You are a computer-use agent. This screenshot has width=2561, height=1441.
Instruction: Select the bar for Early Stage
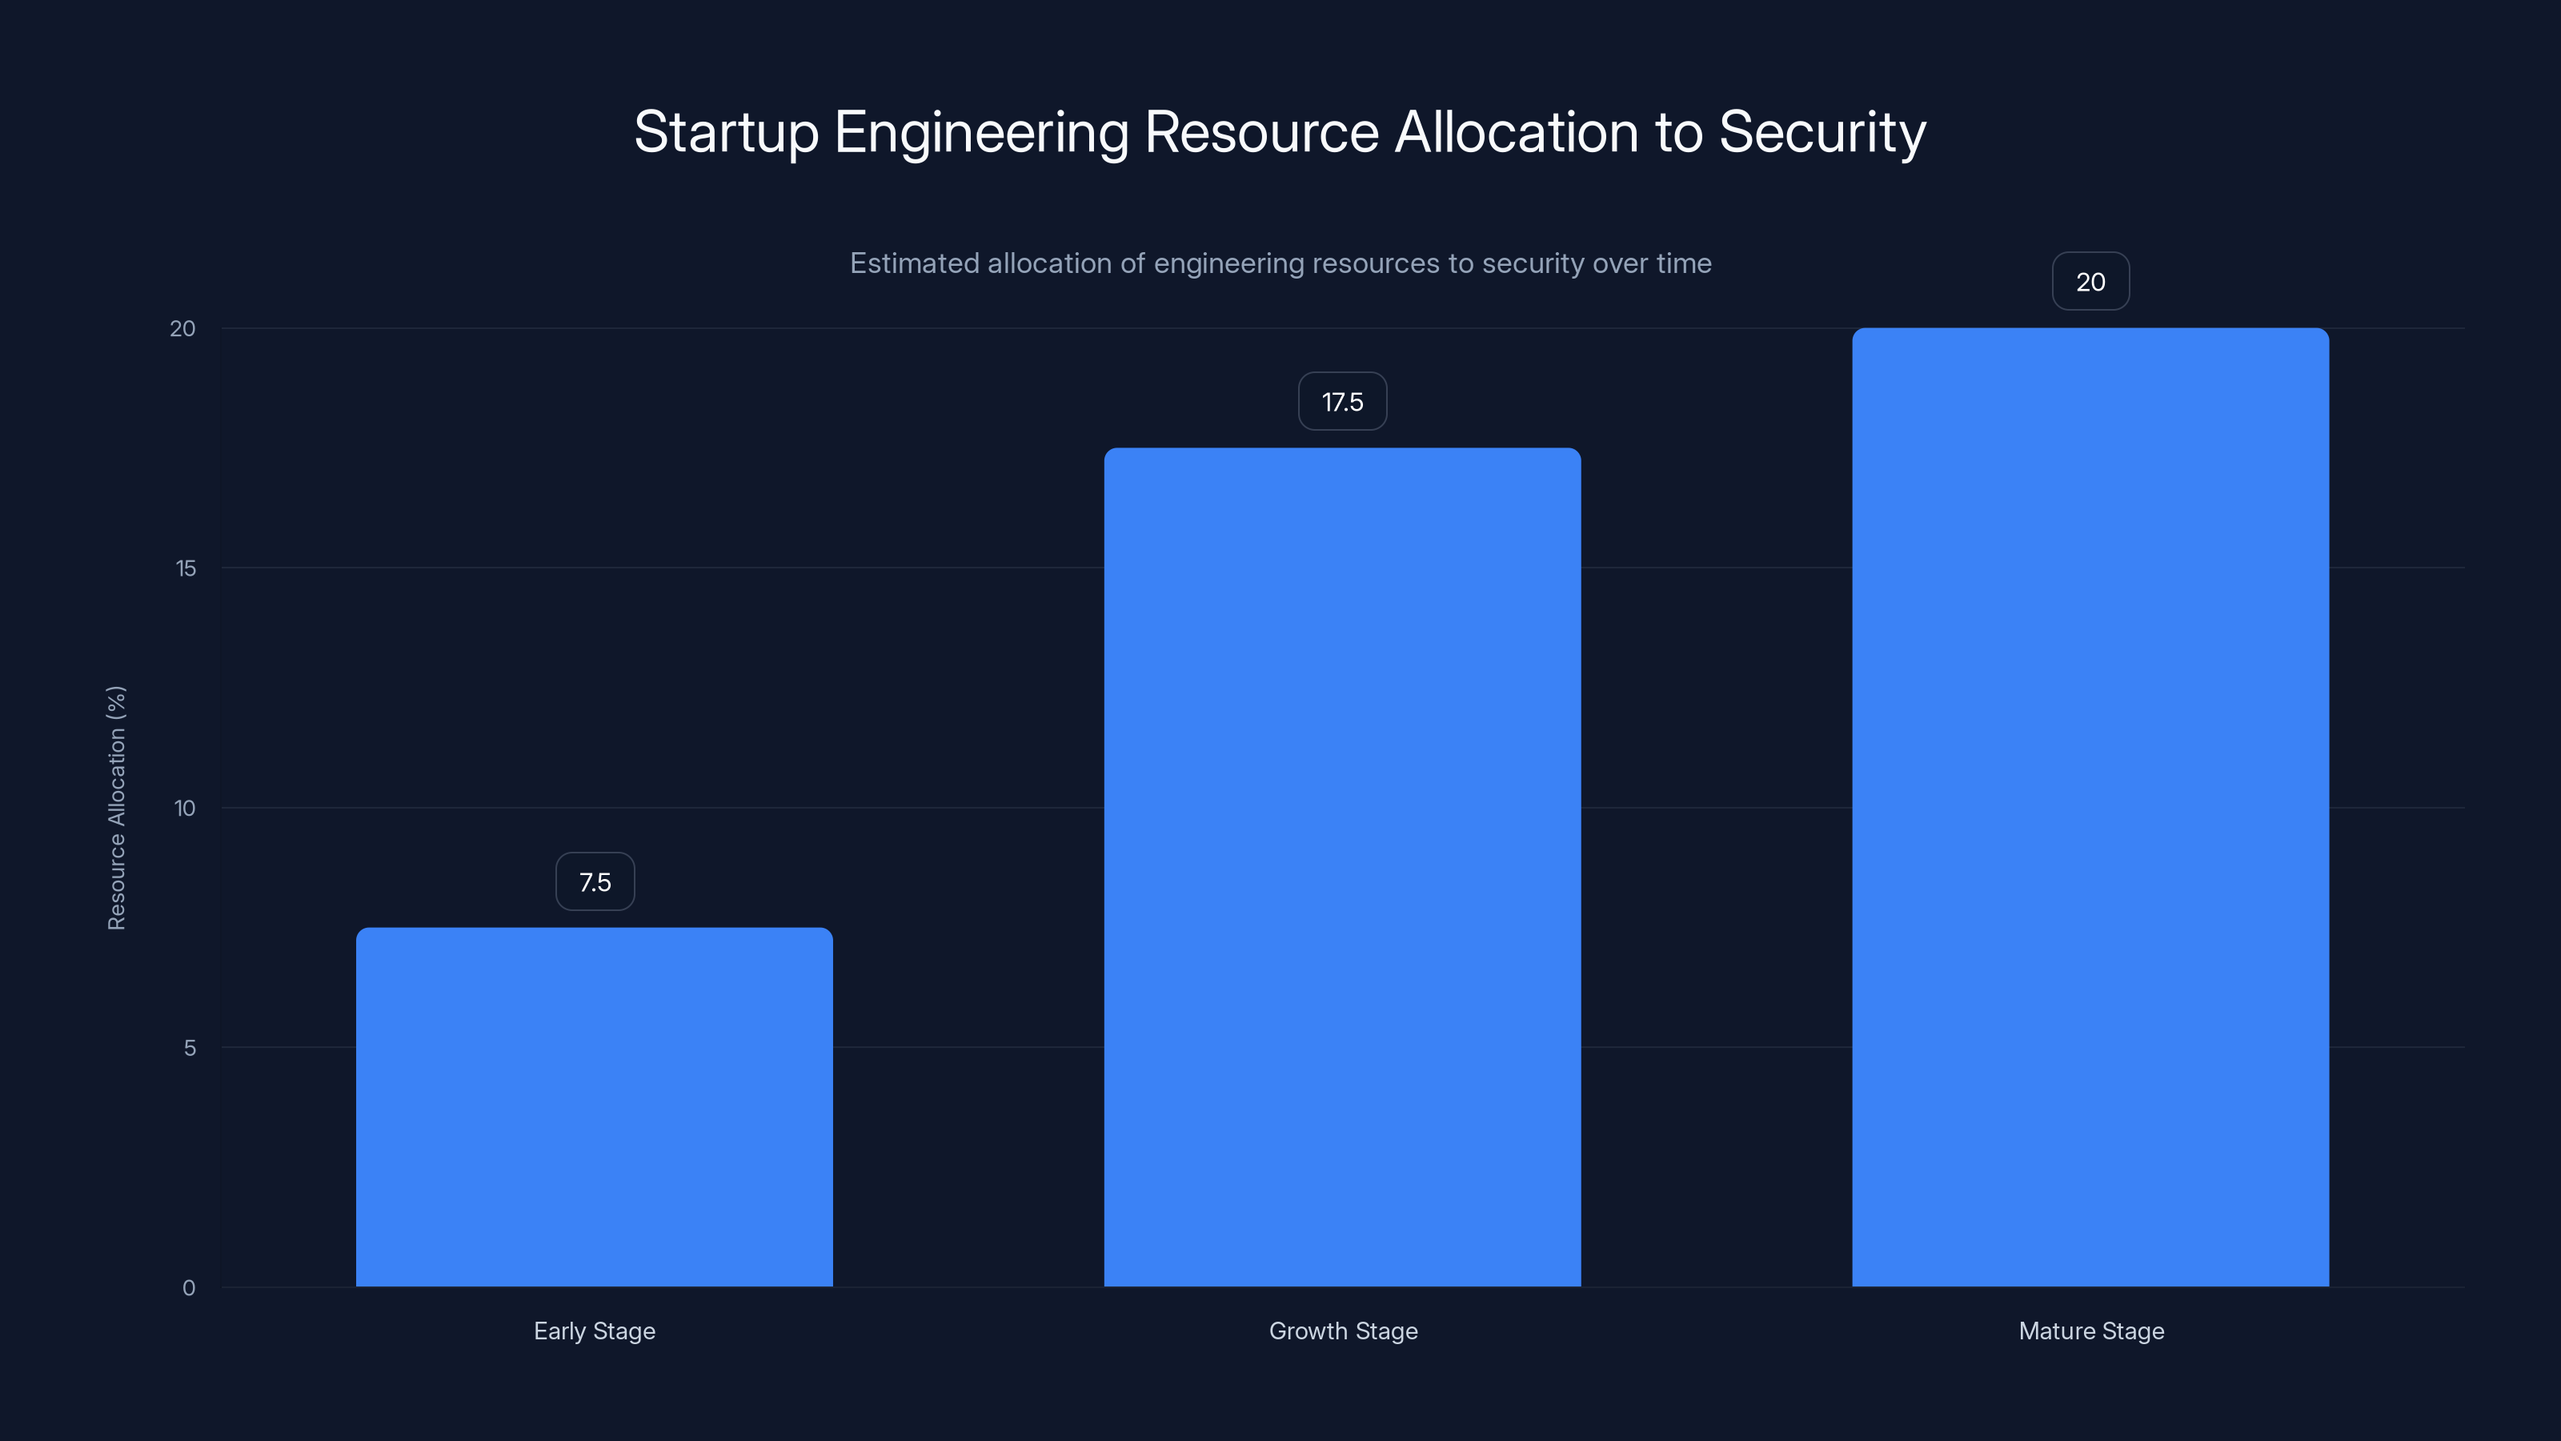tap(595, 1107)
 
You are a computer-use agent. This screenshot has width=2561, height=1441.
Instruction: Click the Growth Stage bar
tap(1342, 867)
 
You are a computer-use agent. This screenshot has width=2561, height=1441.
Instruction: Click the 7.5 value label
tap(595, 882)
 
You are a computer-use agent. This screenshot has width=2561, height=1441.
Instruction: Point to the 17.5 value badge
tap(1342, 402)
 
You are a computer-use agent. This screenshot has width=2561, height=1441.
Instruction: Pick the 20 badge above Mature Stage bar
tap(2090, 282)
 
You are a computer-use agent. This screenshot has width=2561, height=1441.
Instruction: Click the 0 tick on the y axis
tap(189, 1288)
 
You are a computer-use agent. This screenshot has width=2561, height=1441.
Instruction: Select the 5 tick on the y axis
tap(189, 1048)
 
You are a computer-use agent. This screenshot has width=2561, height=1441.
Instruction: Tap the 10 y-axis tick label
tap(185, 809)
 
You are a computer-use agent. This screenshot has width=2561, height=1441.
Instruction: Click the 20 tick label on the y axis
tap(183, 329)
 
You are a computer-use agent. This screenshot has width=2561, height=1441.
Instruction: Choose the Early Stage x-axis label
tap(595, 1331)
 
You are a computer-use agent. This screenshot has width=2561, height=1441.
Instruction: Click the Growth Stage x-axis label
tap(1342, 1331)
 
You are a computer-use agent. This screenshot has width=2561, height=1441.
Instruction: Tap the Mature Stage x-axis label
tap(2090, 1331)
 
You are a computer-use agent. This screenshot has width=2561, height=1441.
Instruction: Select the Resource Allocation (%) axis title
tap(116, 808)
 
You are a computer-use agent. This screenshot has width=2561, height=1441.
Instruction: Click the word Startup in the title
tap(726, 132)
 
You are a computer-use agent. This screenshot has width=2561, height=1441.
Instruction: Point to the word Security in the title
tap(1822, 132)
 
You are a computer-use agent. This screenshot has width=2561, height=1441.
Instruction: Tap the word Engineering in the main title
tap(980, 132)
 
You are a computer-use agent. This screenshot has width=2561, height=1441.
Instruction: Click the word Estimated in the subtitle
tap(914, 263)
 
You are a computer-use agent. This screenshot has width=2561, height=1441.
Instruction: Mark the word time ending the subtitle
tap(1683, 263)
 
